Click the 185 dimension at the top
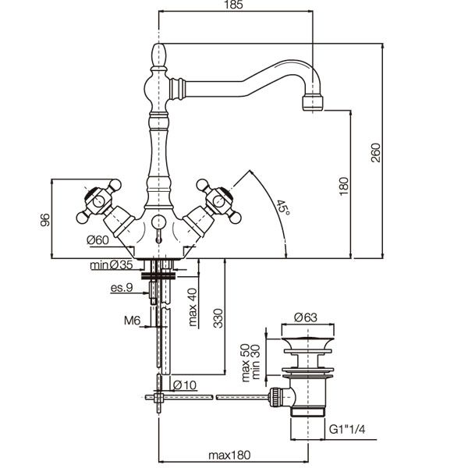[x=235, y=5]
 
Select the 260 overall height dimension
[x=376, y=153]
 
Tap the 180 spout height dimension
[x=344, y=186]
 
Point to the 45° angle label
[x=282, y=207]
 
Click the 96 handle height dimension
[x=45, y=220]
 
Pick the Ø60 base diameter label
[x=98, y=239]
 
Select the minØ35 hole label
[x=112, y=264]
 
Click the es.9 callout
[x=122, y=288]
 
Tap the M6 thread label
[x=133, y=321]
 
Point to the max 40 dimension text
[x=193, y=307]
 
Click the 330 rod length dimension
[x=218, y=318]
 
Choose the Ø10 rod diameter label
[x=185, y=385]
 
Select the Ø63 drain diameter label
[x=306, y=317]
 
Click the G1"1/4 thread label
[x=347, y=429]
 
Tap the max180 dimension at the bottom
[x=229, y=456]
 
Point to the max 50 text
[x=246, y=363]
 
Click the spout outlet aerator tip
[x=313, y=103]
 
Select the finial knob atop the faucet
[x=158, y=55]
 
